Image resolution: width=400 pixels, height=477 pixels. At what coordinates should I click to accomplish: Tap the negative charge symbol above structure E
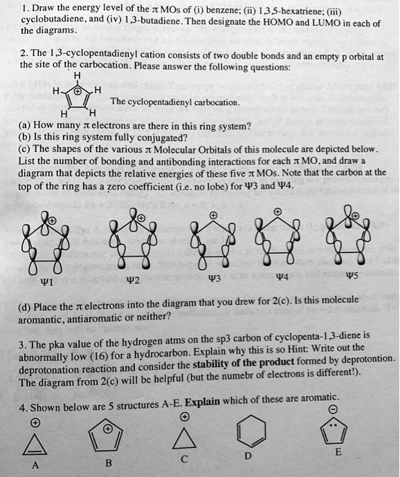(x=333, y=410)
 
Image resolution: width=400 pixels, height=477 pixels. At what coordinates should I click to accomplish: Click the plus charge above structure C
(x=184, y=418)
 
